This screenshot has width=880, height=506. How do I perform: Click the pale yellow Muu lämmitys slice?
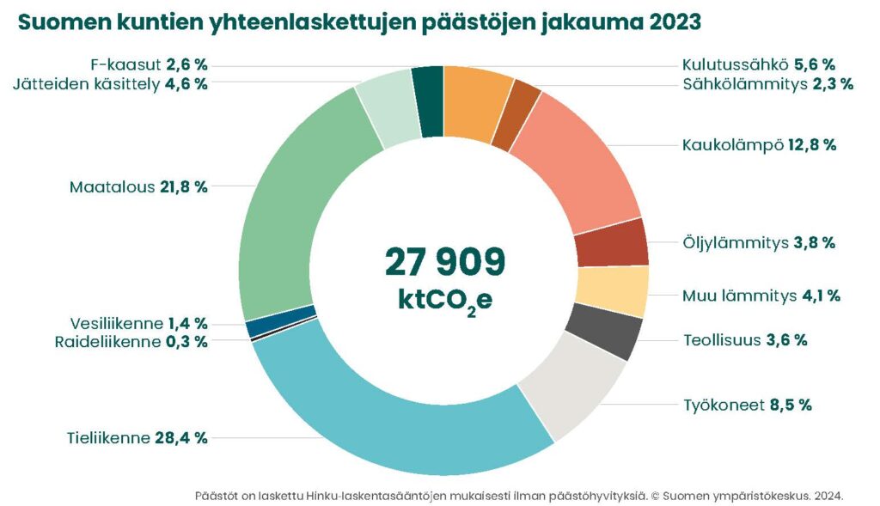point(612,291)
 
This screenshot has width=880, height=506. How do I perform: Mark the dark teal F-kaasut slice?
point(428,101)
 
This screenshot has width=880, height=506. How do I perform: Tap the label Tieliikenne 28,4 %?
point(137,438)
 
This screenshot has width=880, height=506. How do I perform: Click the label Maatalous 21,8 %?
point(138,186)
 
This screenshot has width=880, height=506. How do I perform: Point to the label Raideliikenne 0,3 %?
point(131,341)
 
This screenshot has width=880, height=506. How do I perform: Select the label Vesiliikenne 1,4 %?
point(138,324)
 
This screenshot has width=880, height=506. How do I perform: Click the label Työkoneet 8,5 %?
point(748,405)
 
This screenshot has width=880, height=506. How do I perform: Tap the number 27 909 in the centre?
point(444,261)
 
